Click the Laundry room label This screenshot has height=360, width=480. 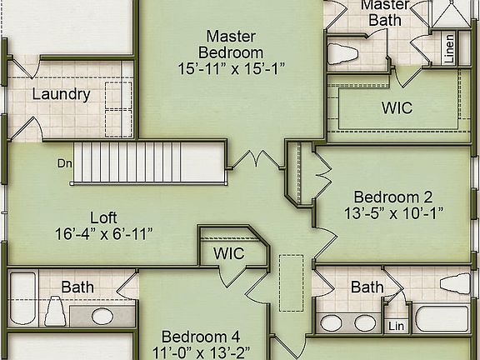[61, 94]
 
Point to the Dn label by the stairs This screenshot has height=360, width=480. [64, 163]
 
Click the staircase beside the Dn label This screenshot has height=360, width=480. [150, 162]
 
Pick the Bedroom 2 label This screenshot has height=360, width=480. [393, 197]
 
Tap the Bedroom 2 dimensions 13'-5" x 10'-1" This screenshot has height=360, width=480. [393, 214]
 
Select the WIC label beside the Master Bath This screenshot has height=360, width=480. [397, 108]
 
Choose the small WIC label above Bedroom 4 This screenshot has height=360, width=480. [228, 253]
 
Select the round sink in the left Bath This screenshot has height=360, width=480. [102, 316]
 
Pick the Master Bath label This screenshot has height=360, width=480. [385, 11]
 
